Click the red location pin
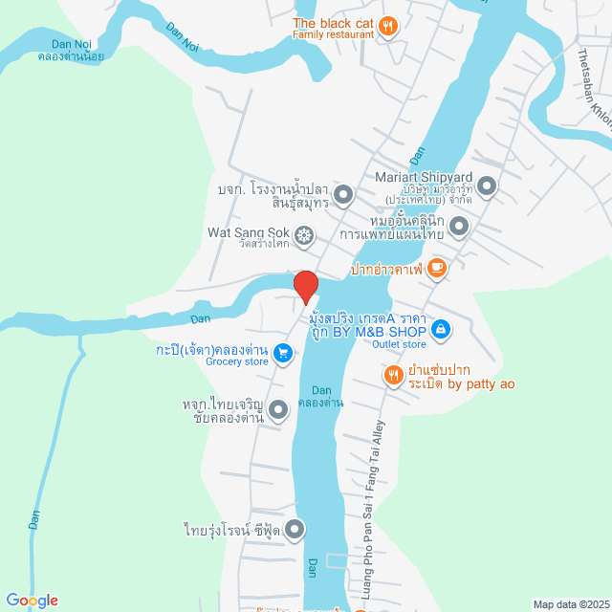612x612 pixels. click(305, 287)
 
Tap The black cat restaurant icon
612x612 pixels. click(387, 26)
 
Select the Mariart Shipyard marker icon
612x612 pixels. click(487, 186)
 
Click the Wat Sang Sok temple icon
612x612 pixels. click(304, 233)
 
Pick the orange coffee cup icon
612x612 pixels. click(437, 268)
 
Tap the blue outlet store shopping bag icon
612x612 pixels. click(439, 330)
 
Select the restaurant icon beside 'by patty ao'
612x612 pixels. click(392, 376)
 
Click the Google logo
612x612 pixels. click(31, 601)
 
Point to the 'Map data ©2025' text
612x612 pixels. click(570, 603)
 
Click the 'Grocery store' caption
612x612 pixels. click(210, 361)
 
